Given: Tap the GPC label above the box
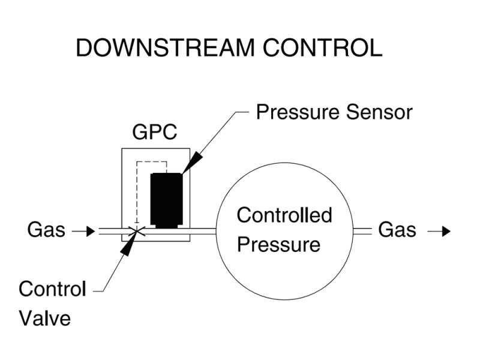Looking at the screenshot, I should point(155,133).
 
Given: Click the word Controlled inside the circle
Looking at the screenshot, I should point(284,215).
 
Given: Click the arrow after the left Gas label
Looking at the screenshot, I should point(87,230).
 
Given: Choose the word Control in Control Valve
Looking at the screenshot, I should point(53,289).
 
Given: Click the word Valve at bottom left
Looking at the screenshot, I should point(45,318).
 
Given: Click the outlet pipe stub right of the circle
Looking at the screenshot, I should point(362,230).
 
